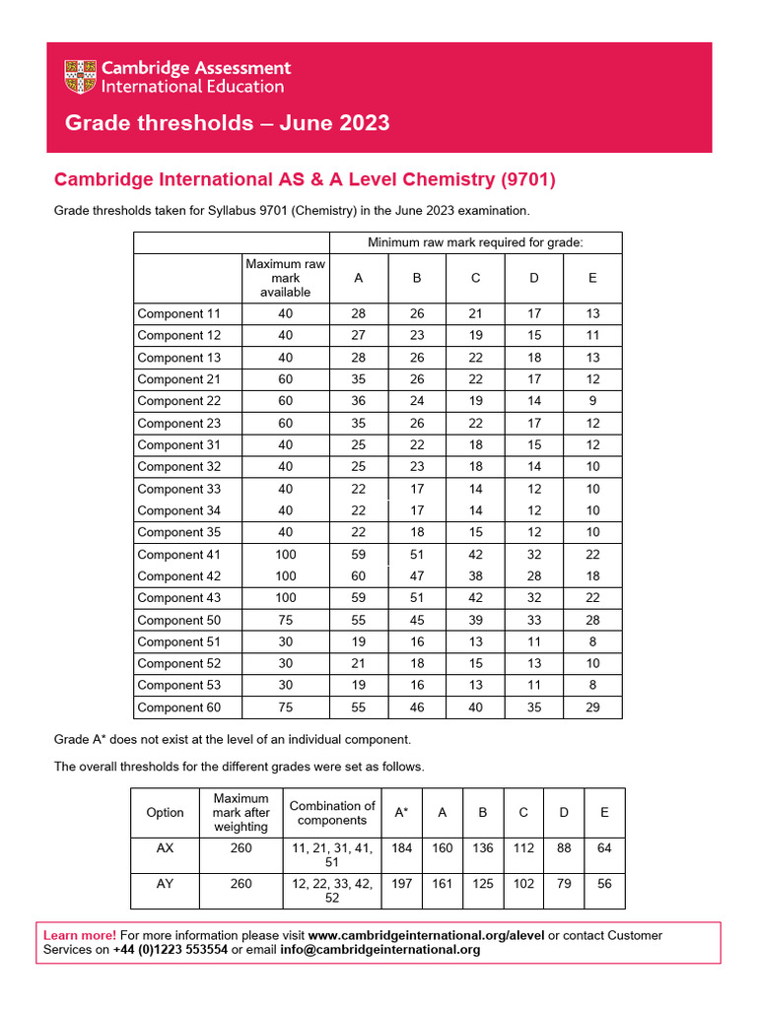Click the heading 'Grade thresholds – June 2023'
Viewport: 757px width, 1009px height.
pyautogui.click(x=227, y=123)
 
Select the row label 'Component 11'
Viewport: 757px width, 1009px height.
pyautogui.click(x=178, y=313)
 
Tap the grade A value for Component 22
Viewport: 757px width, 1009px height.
pyautogui.click(x=359, y=401)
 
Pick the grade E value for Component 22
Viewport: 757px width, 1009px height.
pyautogui.click(x=592, y=401)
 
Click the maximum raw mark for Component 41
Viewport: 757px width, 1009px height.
pyautogui.click(x=285, y=555)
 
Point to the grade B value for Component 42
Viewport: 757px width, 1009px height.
pyautogui.click(x=417, y=576)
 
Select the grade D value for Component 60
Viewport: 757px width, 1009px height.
pyautogui.click(x=534, y=707)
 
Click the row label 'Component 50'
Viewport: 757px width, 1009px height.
pyautogui.click(x=178, y=620)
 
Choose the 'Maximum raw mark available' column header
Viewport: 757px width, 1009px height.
pyautogui.click(x=285, y=278)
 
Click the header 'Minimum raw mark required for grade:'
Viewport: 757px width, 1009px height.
pyautogui.click(x=475, y=242)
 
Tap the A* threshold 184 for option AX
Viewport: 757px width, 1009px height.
pyautogui.click(x=402, y=847)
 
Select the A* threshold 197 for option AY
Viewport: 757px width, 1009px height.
pyautogui.click(x=402, y=884)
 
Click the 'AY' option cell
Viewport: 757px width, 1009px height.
pyautogui.click(x=165, y=884)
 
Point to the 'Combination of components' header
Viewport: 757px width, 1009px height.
pyautogui.click(x=332, y=813)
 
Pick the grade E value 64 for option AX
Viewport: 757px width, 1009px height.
pyautogui.click(x=604, y=847)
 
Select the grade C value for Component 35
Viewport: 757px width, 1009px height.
pyautogui.click(x=475, y=532)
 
